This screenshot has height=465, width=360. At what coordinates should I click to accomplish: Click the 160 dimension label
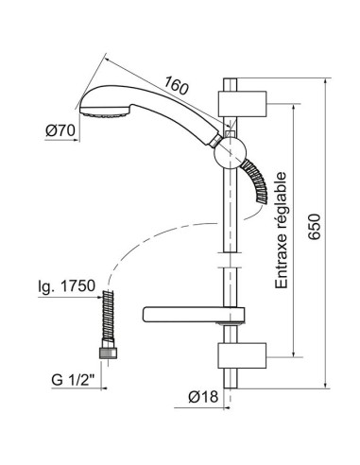click(176, 85)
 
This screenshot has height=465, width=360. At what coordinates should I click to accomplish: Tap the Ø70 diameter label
click(60, 130)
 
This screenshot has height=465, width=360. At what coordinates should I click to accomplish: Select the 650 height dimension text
click(314, 227)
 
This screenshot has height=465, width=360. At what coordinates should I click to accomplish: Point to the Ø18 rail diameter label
click(203, 397)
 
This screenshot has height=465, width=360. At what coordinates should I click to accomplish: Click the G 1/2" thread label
click(73, 380)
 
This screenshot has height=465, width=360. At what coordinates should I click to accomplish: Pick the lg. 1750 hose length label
click(66, 286)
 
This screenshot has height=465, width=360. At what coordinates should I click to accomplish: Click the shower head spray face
click(105, 112)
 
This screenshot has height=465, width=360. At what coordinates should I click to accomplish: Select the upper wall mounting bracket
click(242, 103)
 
